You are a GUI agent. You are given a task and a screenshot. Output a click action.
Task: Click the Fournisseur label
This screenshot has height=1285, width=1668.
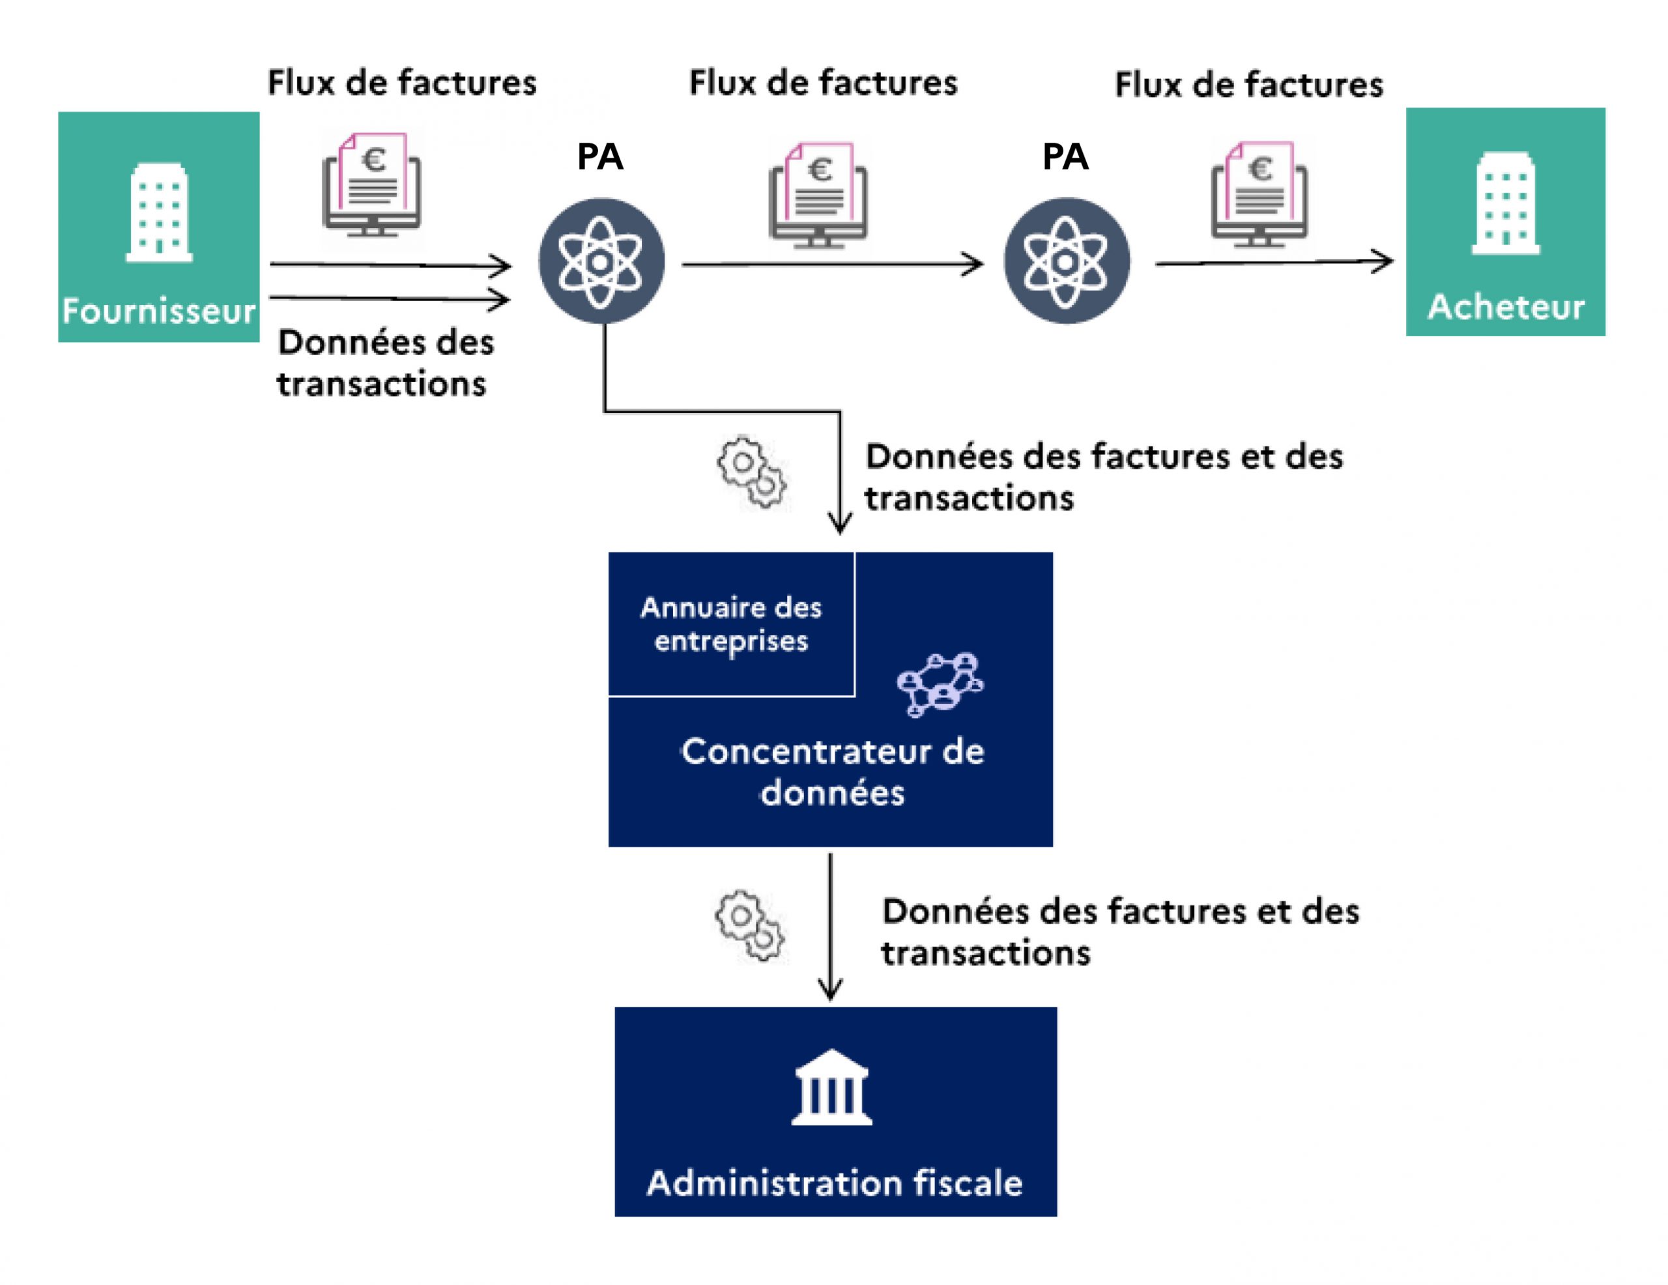159,311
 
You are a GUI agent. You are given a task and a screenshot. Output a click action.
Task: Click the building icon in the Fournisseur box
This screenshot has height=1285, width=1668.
159,212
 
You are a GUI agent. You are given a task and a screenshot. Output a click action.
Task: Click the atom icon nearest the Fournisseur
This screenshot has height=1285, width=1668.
601,261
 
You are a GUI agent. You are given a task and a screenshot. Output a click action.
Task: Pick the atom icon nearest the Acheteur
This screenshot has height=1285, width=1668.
1066,261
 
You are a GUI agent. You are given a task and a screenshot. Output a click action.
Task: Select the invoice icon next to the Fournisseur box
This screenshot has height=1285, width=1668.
372,185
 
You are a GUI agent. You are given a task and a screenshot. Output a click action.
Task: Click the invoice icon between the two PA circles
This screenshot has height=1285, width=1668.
818,195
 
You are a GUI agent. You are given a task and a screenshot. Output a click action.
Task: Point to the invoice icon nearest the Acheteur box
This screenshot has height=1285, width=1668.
1259,194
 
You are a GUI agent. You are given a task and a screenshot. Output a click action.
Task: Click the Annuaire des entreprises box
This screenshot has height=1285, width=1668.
731,624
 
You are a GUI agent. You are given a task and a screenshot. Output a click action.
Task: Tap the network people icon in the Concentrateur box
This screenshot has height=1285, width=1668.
940,684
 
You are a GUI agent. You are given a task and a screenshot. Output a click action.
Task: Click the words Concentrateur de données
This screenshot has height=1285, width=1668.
833,772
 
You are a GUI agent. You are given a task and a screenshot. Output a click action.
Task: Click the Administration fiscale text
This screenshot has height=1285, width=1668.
835,1183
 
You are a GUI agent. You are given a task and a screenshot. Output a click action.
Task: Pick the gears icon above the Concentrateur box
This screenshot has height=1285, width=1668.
751,471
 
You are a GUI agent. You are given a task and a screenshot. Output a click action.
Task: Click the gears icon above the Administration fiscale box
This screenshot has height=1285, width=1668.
749,925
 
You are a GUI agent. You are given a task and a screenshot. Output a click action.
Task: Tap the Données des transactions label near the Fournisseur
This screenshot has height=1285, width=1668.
384,363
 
